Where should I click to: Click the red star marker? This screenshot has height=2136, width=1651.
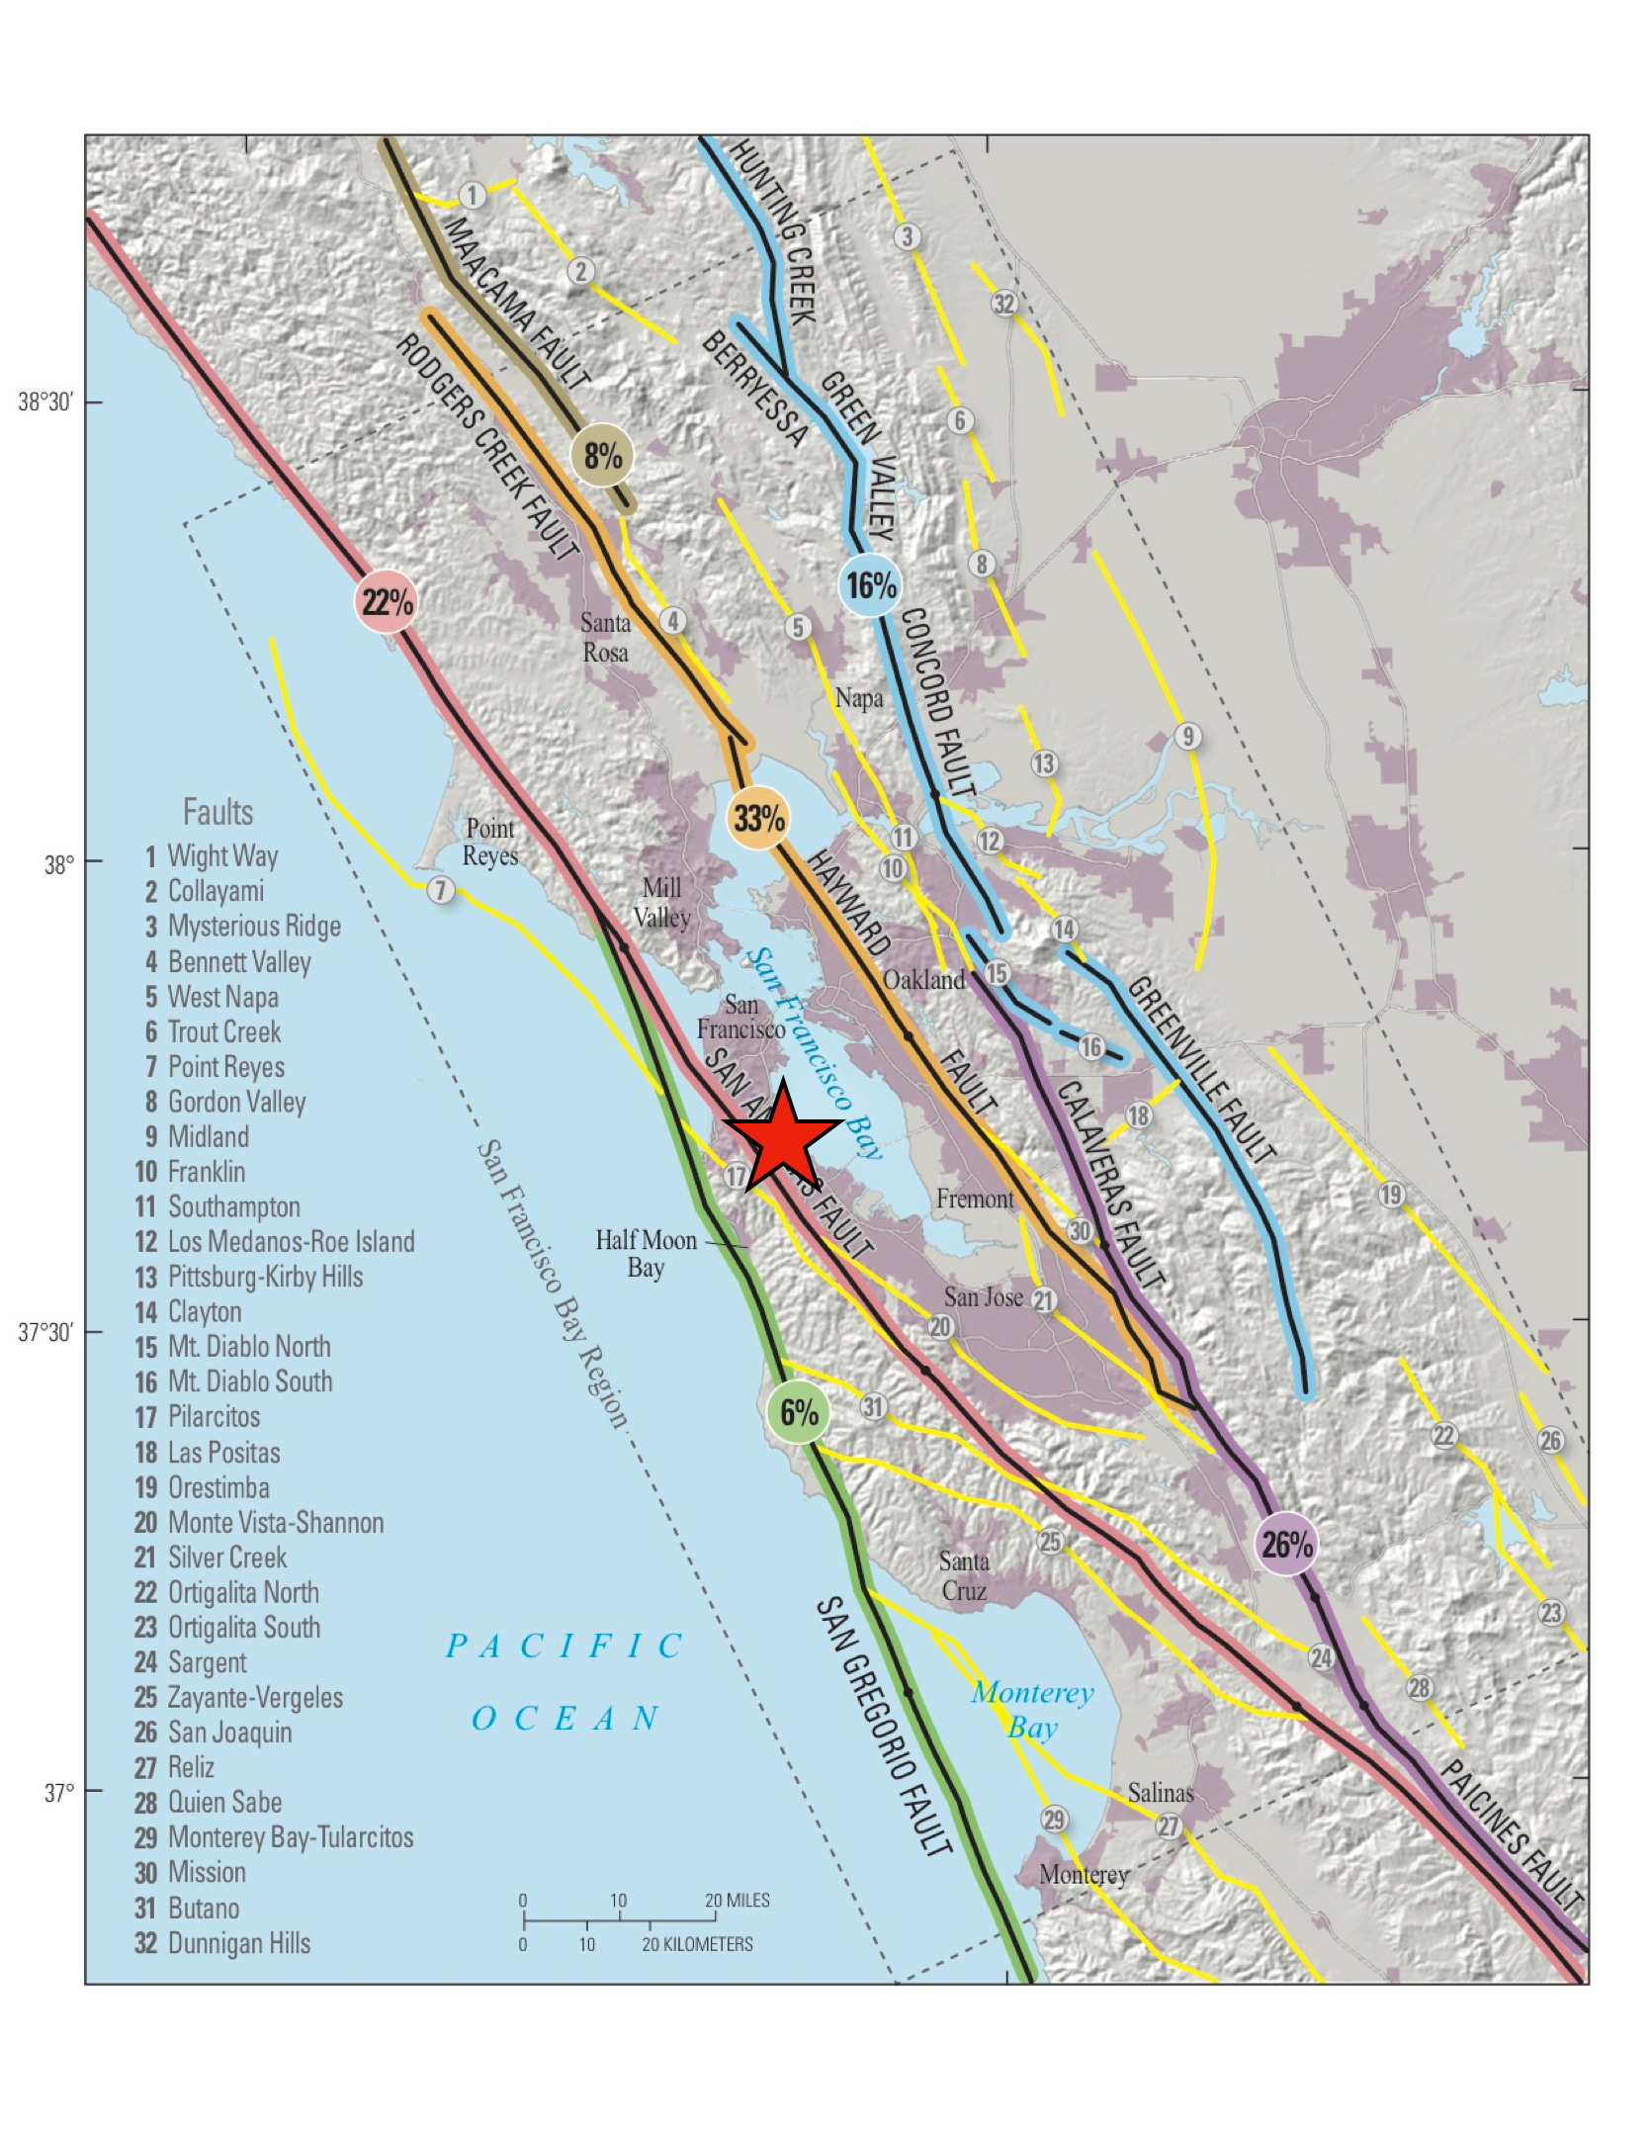click(782, 1137)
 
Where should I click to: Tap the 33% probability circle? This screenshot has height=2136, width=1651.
click(758, 819)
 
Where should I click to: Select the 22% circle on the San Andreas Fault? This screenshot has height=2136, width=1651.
click(386, 601)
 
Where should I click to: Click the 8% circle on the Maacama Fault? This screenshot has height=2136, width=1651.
click(602, 456)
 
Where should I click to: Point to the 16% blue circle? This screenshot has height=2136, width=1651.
click(870, 585)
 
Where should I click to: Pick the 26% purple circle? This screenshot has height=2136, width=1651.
click(1286, 1544)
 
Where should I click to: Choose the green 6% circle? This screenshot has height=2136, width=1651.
click(798, 1412)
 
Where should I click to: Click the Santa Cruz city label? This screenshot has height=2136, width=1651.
click(963, 1576)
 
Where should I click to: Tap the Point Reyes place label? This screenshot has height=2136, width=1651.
click(490, 842)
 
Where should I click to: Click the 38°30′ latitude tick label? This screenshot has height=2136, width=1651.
click(45, 402)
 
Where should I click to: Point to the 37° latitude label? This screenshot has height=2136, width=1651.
click(58, 1792)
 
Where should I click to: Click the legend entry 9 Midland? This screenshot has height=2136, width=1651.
click(195, 1136)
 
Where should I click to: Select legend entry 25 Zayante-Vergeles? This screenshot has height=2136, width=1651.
click(238, 1697)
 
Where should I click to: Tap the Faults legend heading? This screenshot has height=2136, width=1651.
click(217, 812)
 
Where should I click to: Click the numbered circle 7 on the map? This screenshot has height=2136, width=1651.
click(441, 890)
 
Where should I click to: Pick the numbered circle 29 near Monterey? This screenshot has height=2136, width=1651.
click(1054, 1820)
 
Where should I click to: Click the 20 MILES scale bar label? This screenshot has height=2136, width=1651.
click(738, 1900)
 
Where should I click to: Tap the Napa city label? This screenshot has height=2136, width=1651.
click(858, 698)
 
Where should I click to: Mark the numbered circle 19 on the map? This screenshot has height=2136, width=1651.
click(1391, 1195)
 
